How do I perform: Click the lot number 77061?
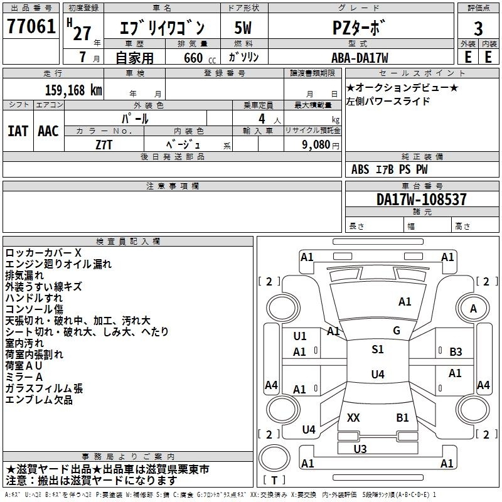pos(31,26)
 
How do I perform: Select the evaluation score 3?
pos(478,29)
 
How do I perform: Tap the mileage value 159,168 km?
pos(73,90)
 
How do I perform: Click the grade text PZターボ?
pos(358,28)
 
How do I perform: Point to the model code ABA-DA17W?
pos(360,58)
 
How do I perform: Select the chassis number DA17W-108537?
pos(421,200)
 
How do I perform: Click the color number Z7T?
pos(104,145)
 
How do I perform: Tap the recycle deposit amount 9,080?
pos(316,145)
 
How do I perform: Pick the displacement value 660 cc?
pos(200,58)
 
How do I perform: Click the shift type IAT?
pos(18,131)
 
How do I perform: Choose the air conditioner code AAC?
pos(48,131)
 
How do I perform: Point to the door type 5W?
pos(243,28)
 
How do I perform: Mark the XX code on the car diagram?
pos(353,418)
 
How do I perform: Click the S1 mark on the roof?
pos(378,350)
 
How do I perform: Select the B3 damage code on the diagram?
pos(456,352)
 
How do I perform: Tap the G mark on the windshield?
pos(397,331)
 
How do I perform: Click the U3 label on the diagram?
pos(360,449)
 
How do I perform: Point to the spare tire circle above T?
pos(274,459)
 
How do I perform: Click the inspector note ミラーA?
pos(24,377)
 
